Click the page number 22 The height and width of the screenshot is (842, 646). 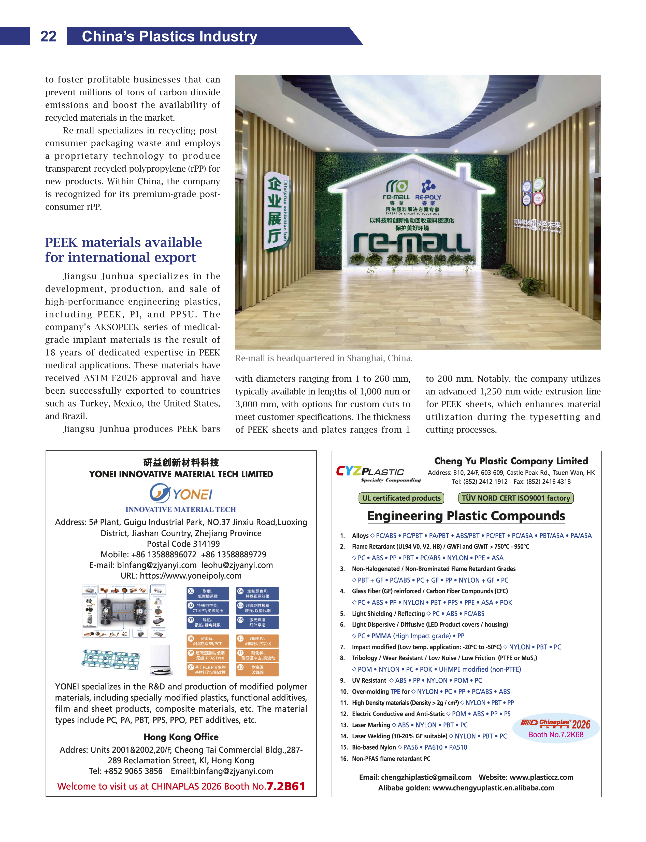(x=48, y=36)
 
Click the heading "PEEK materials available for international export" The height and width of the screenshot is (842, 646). (x=123, y=250)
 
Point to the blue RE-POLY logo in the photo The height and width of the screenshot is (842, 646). (x=428, y=190)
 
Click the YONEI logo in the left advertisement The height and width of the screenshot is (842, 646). (x=181, y=493)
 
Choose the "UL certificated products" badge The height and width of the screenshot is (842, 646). (x=401, y=498)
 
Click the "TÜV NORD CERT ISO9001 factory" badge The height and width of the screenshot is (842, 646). (x=516, y=498)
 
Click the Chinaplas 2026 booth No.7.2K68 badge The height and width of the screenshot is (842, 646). (x=556, y=728)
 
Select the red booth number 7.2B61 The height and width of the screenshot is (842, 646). (x=286, y=786)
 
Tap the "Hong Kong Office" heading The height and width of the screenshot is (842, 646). (x=181, y=737)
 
